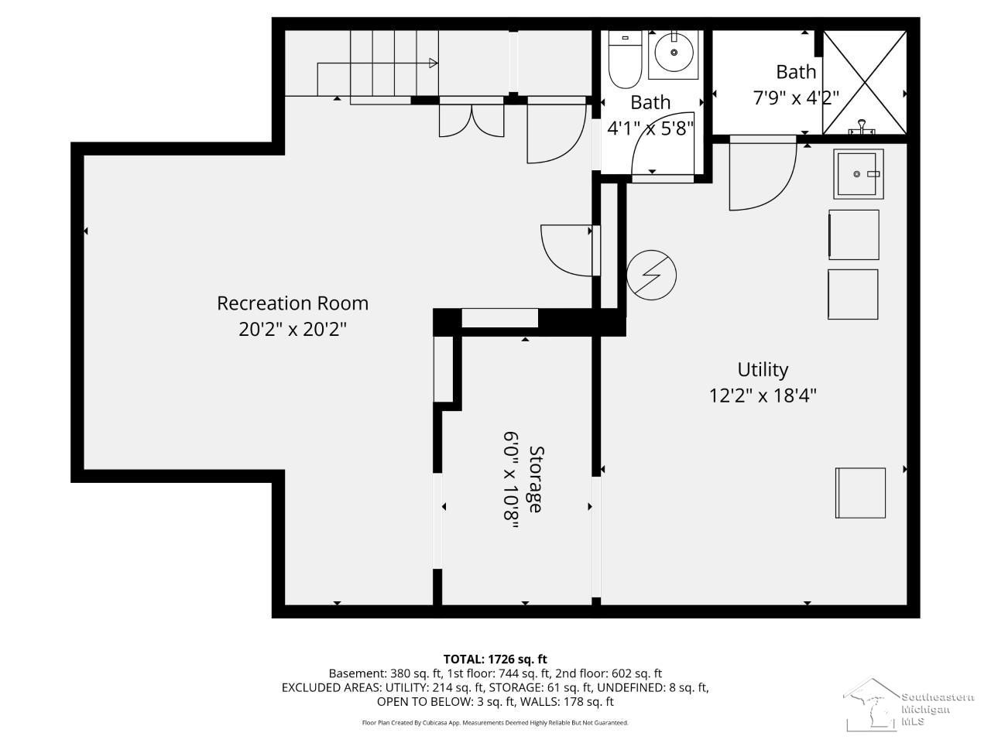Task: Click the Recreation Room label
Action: (x=293, y=303)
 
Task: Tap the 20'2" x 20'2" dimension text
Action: (x=293, y=330)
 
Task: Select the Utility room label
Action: (x=763, y=370)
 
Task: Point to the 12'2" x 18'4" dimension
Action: (x=763, y=396)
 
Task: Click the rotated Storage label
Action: (x=537, y=479)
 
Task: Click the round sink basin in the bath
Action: (x=674, y=53)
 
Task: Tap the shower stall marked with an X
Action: (x=865, y=82)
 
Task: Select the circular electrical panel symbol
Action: (x=651, y=276)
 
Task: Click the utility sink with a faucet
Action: (x=859, y=173)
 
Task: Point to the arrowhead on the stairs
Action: (x=433, y=63)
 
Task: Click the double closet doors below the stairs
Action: (x=471, y=120)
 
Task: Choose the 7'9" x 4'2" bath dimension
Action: (x=795, y=98)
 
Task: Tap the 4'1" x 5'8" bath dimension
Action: (x=650, y=128)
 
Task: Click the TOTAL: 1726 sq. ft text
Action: (x=495, y=659)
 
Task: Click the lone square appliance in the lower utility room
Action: (x=860, y=493)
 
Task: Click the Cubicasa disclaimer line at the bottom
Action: (x=495, y=723)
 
